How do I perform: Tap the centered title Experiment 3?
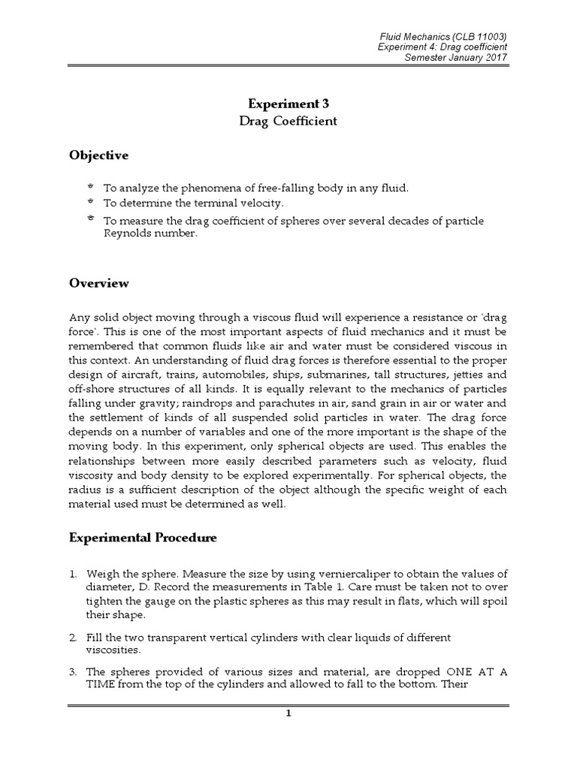[x=288, y=104]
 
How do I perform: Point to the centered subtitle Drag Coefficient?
[x=288, y=121]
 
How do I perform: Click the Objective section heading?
[x=98, y=155]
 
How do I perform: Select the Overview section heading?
[x=98, y=283]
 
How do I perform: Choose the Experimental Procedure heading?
[x=143, y=538]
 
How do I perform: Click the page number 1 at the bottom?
[x=288, y=713]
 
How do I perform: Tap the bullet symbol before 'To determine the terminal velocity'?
[x=90, y=203]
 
